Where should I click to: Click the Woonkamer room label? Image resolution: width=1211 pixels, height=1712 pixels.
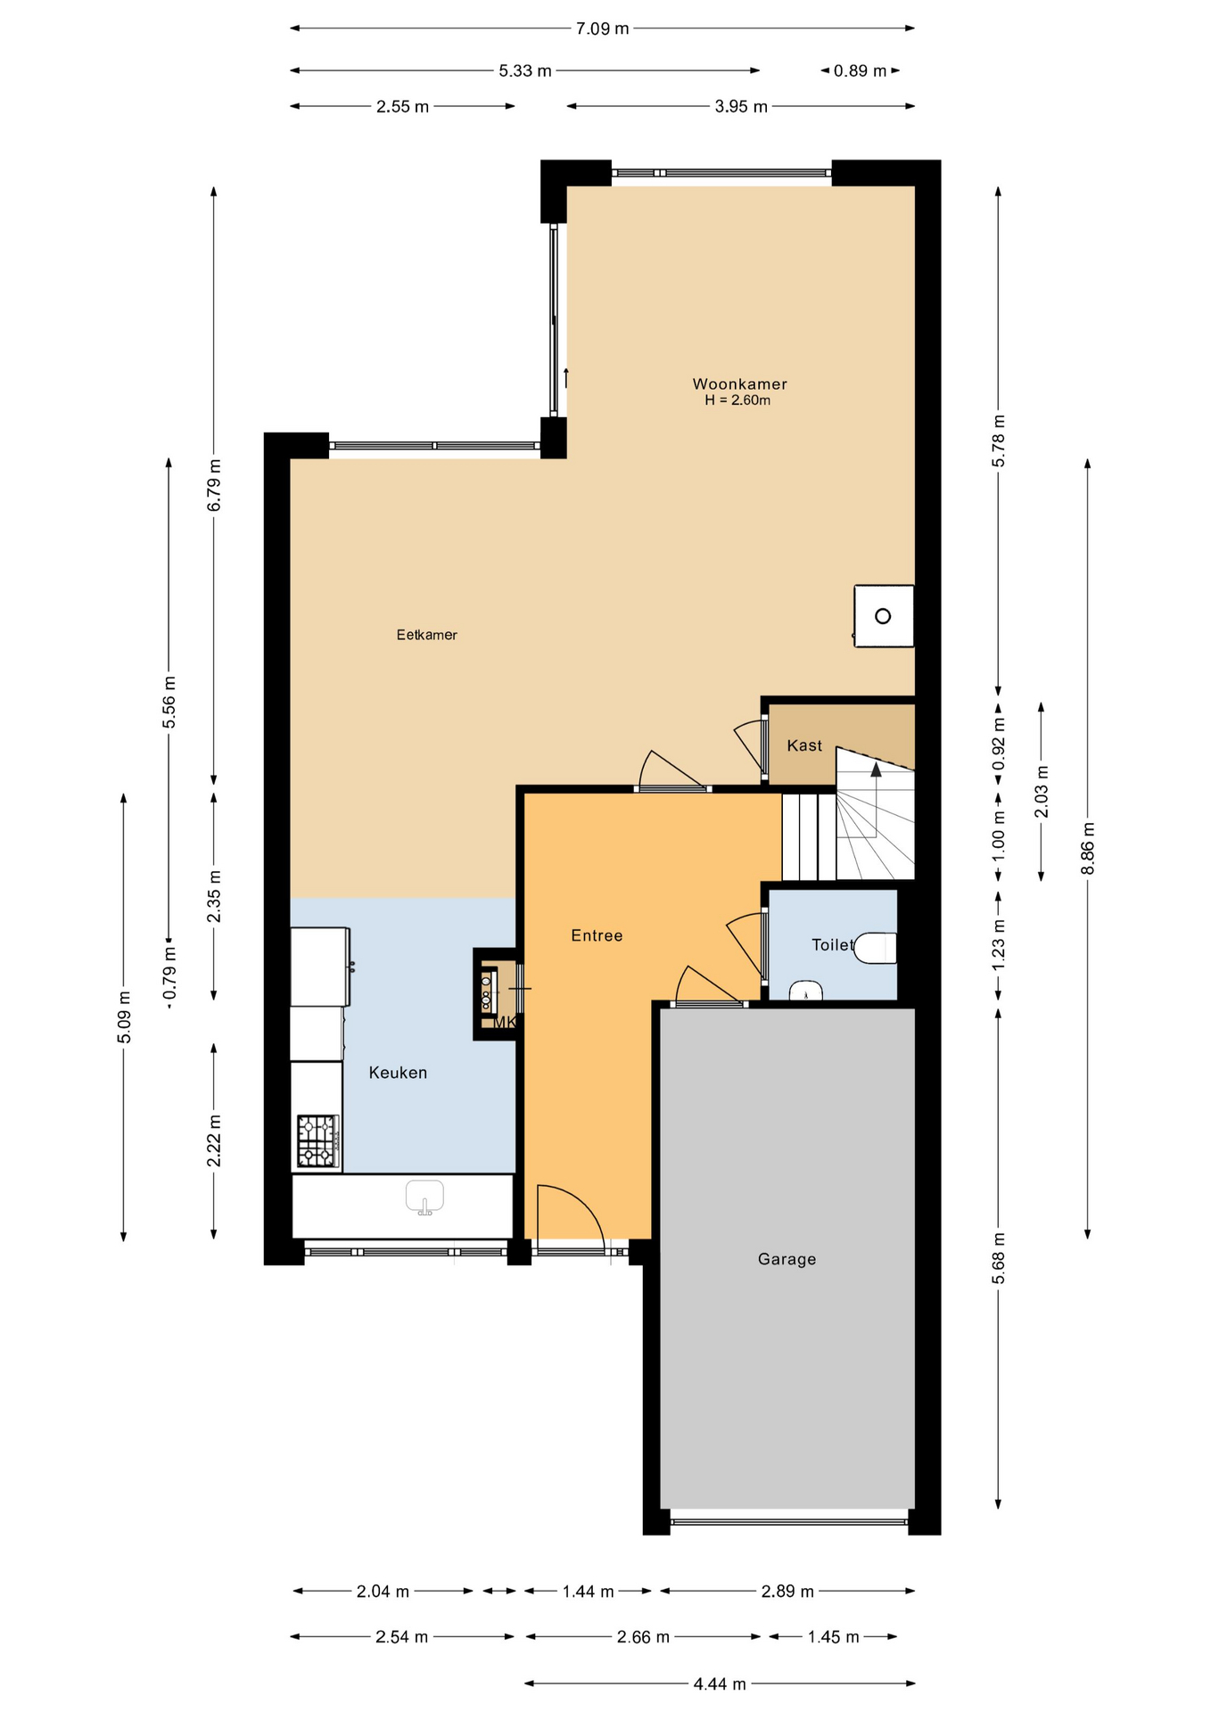pyautogui.click(x=739, y=384)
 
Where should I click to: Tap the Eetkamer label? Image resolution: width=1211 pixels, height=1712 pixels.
pyautogui.click(x=427, y=635)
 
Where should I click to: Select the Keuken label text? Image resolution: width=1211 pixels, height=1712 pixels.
pyautogui.click(x=398, y=1073)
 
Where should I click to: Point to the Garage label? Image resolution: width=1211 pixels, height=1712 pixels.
pyautogui.click(x=787, y=1259)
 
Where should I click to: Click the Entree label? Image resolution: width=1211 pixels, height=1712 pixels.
pyautogui.click(x=597, y=935)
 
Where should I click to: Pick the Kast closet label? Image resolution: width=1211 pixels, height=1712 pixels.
pyautogui.click(x=804, y=745)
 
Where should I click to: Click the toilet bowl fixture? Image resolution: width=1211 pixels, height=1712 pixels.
pyautogui.click(x=875, y=948)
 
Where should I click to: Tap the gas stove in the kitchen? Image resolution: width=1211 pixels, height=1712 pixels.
pyautogui.click(x=317, y=1141)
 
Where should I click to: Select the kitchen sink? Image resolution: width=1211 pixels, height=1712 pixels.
pyautogui.click(x=424, y=1197)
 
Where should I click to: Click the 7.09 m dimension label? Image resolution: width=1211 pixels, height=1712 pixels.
pyautogui.click(x=602, y=29)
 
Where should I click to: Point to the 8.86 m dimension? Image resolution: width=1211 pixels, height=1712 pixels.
pyautogui.click(x=1087, y=848)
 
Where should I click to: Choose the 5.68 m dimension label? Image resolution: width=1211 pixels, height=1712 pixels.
pyautogui.click(x=998, y=1258)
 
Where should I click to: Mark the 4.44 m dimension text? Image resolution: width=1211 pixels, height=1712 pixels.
pyautogui.click(x=720, y=1683)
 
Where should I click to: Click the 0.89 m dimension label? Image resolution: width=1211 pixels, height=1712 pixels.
pyautogui.click(x=860, y=70)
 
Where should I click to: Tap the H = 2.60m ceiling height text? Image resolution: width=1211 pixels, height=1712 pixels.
pyautogui.click(x=737, y=400)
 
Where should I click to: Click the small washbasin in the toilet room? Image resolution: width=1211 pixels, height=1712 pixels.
pyautogui.click(x=806, y=992)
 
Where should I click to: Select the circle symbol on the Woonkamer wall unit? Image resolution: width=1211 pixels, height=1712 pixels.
pyautogui.click(x=883, y=616)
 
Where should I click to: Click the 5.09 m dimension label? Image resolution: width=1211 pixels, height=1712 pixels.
pyautogui.click(x=124, y=1017)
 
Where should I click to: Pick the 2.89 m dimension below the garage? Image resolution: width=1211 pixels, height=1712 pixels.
pyautogui.click(x=787, y=1591)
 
